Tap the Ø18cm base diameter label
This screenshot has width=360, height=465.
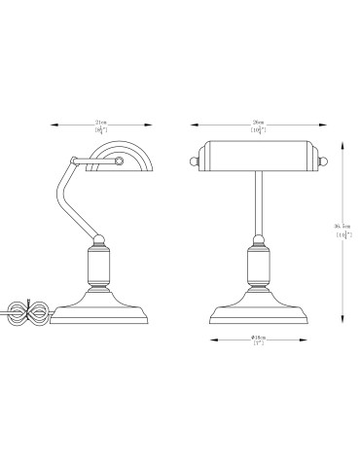259,338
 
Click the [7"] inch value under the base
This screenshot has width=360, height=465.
259,345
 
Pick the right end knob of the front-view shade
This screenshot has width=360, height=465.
318,154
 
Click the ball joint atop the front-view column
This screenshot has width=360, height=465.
258,238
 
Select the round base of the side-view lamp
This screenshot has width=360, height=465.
99,312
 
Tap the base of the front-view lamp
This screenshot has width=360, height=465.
258,312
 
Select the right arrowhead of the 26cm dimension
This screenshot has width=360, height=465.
325,124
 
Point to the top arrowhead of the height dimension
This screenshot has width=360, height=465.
342,139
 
